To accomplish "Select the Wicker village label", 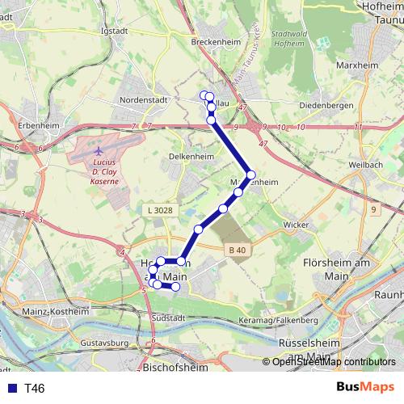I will point(296,225).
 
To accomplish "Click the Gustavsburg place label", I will point(104,343).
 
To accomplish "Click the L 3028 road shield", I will point(160,210).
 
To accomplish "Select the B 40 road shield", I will point(236,250).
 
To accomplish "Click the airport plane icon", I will point(99,149).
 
